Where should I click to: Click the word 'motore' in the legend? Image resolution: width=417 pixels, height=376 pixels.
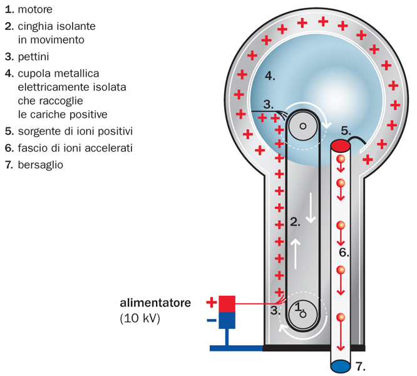click(36, 10)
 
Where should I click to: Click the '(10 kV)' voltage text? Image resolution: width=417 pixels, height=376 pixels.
click(140, 318)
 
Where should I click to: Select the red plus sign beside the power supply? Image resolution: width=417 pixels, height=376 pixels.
click(212, 303)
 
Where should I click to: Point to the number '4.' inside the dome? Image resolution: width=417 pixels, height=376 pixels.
click(270, 76)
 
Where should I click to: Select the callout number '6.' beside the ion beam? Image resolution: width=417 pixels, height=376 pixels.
click(343, 253)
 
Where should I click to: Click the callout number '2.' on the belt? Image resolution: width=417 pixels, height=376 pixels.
click(296, 221)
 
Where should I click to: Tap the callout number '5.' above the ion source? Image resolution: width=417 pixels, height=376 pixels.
click(346, 130)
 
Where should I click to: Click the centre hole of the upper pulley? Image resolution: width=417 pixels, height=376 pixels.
click(304, 125)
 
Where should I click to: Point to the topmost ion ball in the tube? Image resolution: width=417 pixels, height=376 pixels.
click(341, 159)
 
